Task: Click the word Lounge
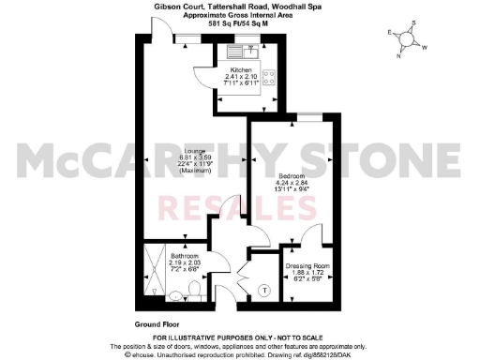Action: point(169,151)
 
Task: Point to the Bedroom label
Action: point(291,174)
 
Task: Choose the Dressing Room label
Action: point(307,266)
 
